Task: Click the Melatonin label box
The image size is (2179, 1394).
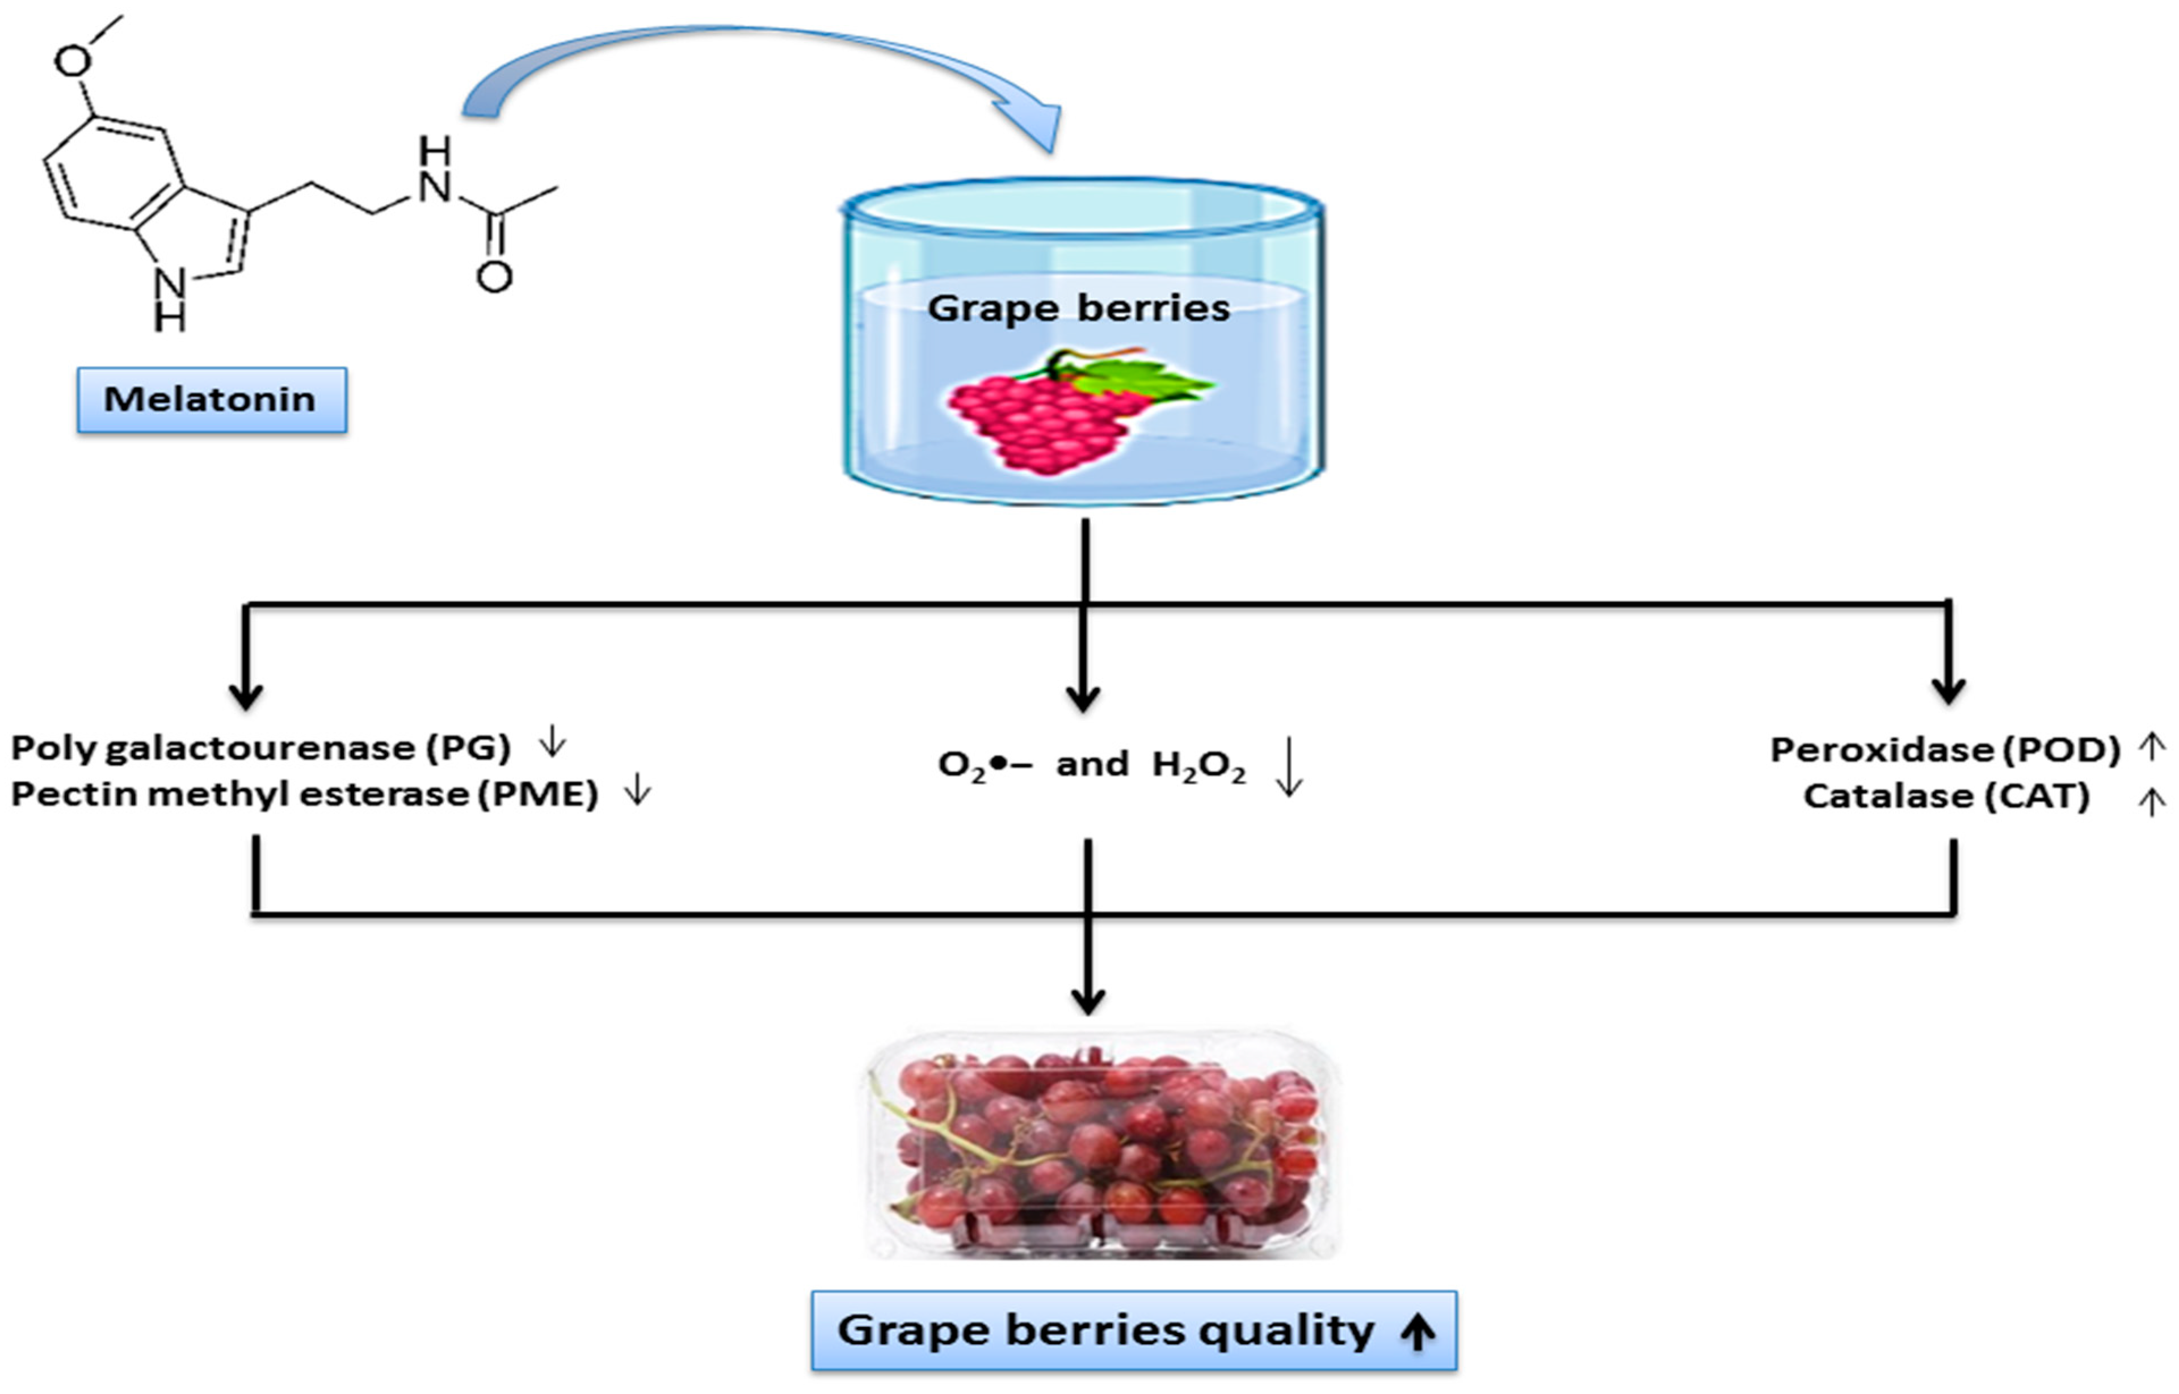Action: click(211, 399)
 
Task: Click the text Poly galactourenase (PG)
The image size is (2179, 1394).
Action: click(260, 748)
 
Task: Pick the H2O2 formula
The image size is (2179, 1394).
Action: click(1198, 766)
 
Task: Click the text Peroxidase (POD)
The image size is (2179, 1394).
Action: click(1945, 749)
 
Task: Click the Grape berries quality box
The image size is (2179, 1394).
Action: click(1133, 1330)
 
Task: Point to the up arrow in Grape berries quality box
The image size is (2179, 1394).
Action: click(1417, 1332)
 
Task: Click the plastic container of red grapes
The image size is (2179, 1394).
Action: click(1100, 1145)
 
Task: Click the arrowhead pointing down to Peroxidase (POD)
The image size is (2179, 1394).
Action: click(1948, 690)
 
